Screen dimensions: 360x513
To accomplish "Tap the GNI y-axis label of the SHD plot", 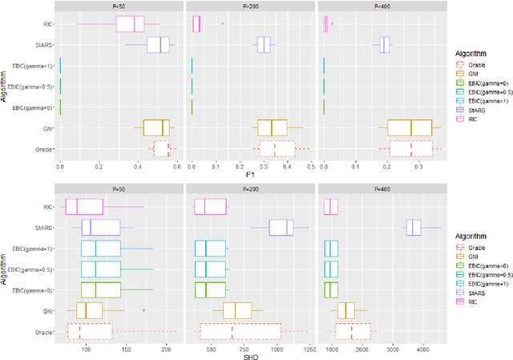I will [48, 310].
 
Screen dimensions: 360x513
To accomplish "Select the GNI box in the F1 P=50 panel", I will [157, 127].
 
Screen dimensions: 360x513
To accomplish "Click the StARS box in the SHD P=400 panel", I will [413, 228].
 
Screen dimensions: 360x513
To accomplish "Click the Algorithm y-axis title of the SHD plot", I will [6, 269].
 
